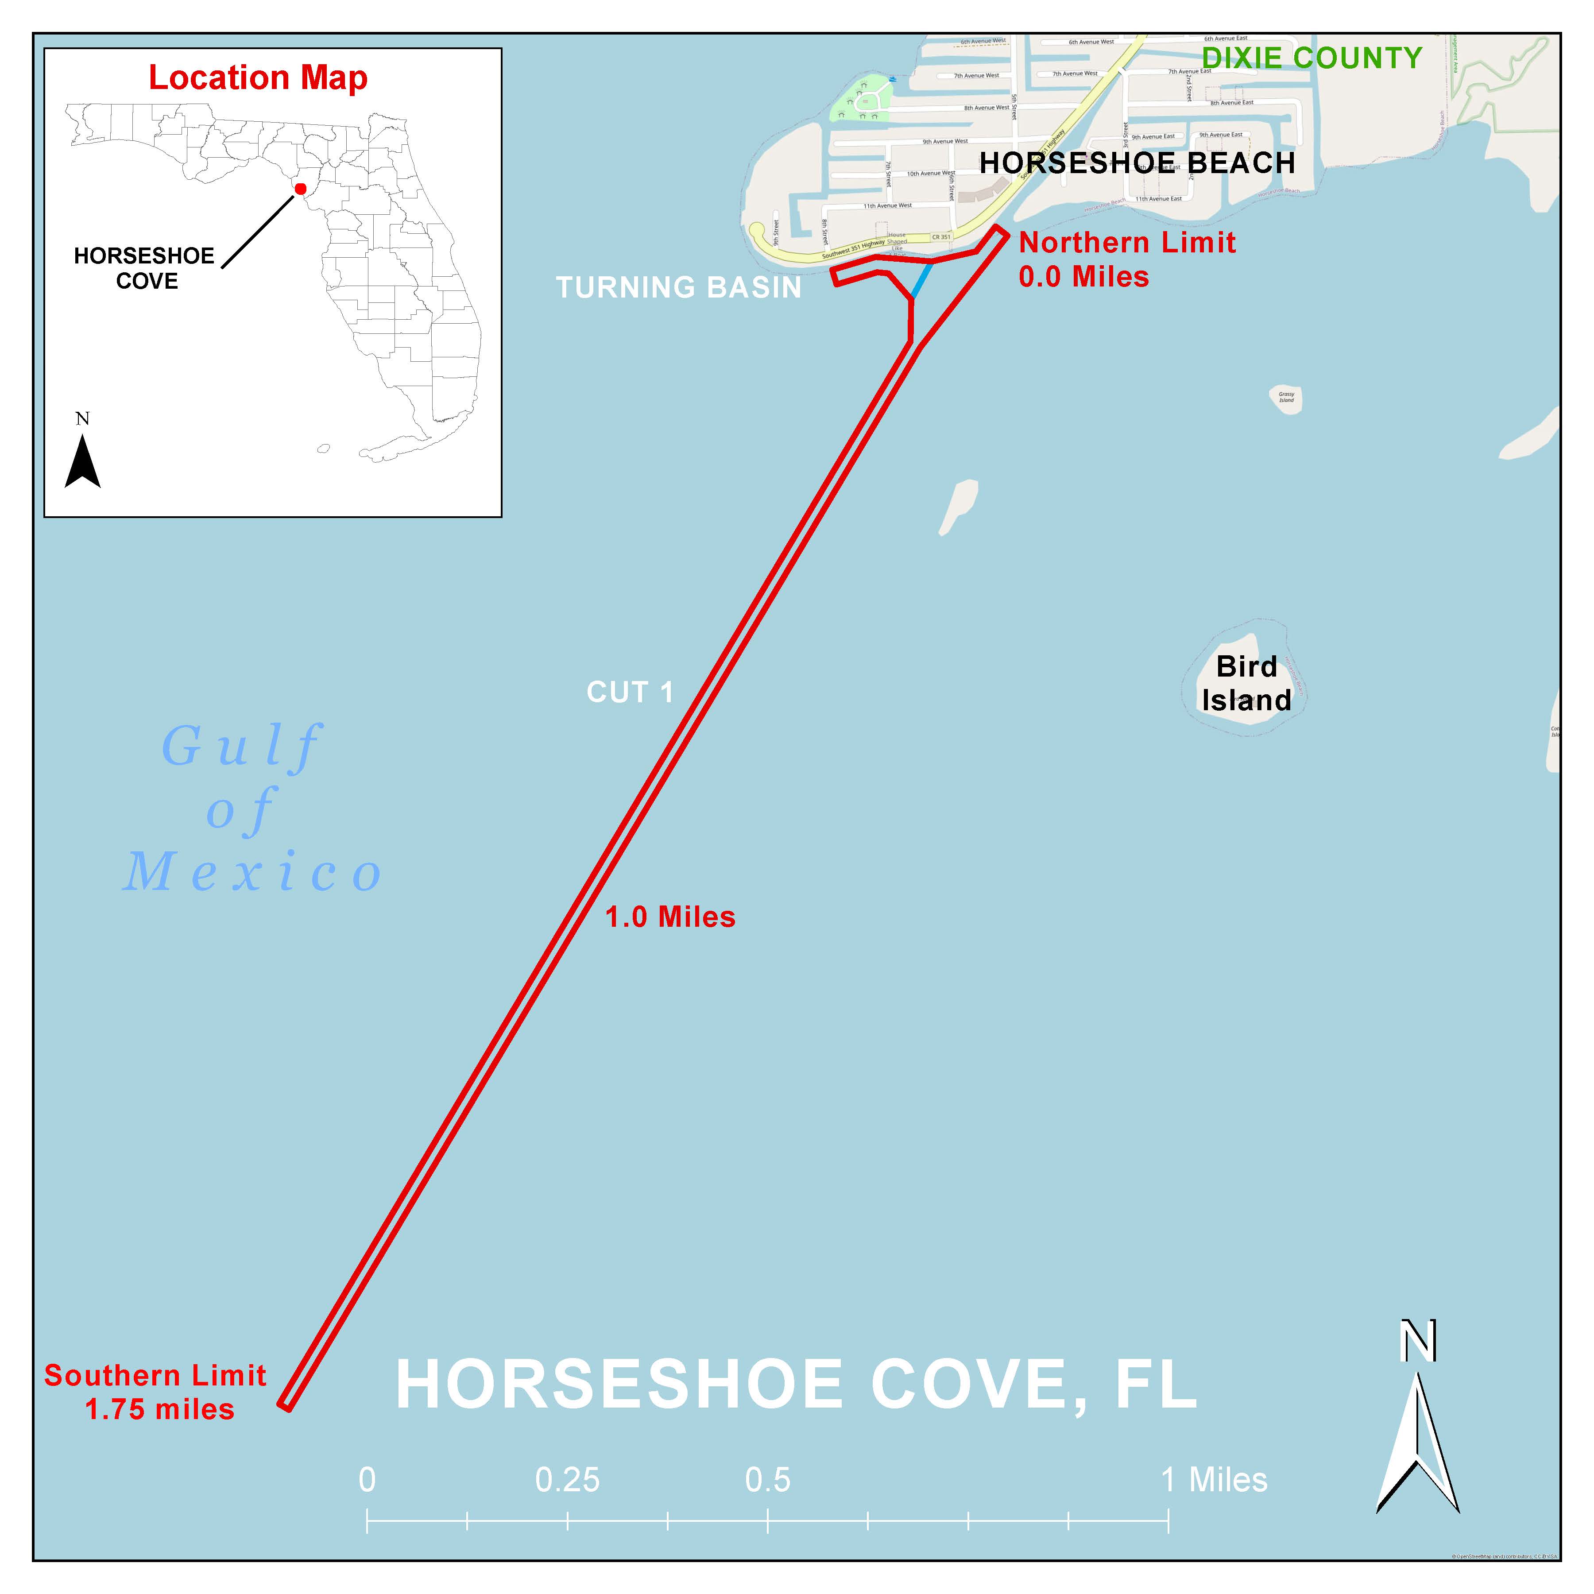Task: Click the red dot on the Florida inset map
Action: click(300, 189)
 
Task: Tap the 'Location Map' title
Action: click(257, 77)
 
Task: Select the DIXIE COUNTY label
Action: click(1312, 58)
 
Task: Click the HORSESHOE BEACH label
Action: click(1137, 163)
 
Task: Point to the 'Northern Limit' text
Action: click(1127, 243)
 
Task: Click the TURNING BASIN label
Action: click(678, 287)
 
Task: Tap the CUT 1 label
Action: click(630, 692)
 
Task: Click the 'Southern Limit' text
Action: click(155, 1375)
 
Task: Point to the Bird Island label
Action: click(1246, 683)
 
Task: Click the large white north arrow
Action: click(1417, 1452)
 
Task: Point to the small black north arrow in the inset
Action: click(82, 462)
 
